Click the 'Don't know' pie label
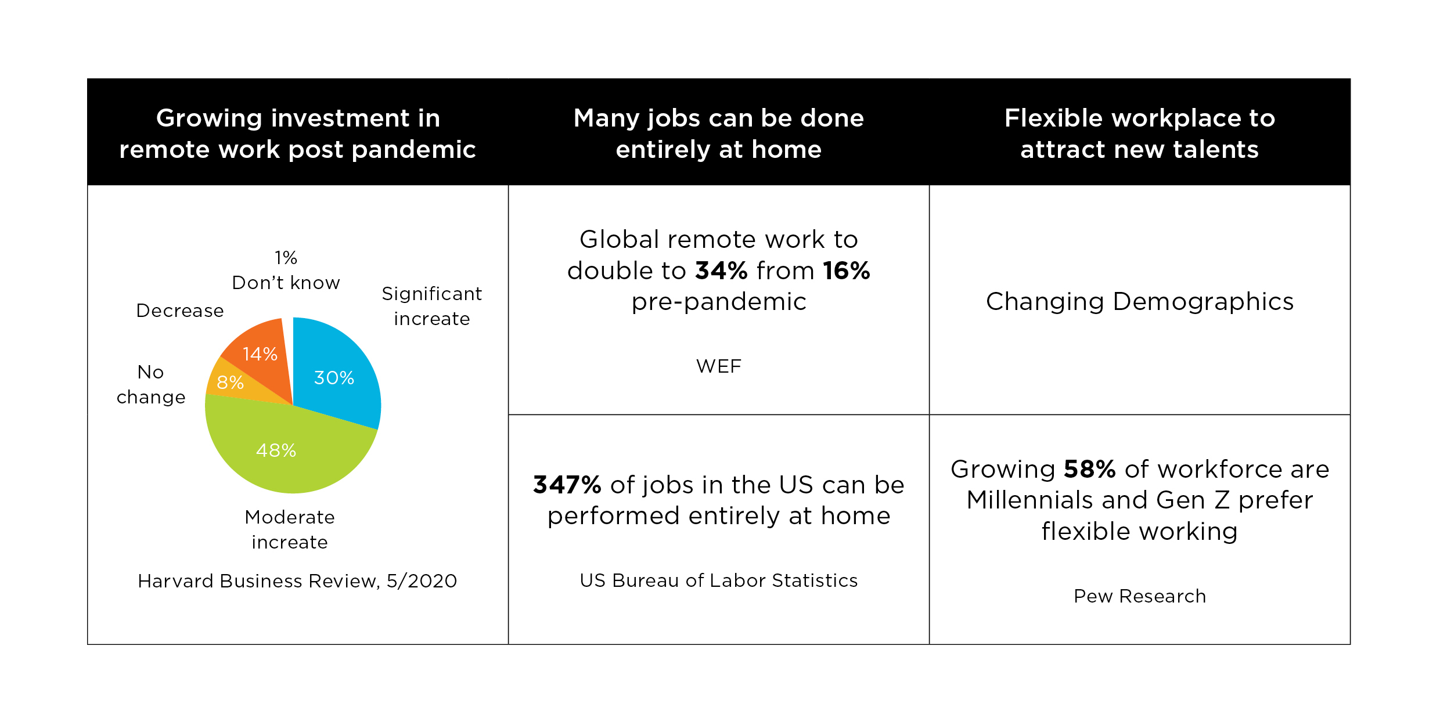click(286, 283)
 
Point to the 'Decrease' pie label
click(180, 311)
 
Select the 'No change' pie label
click(151, 384)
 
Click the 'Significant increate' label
click(432, 306)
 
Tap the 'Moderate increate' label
click(290, 529)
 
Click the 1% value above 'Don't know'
click(286, 257)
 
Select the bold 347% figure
click(567, 485)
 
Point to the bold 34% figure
click(722, 270)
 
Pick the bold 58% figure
click(1089, 469)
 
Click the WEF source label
click(719, 366)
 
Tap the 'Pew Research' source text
click(1140, 596)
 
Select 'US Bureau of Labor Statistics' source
click(719, 580)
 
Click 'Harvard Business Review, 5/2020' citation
click(297, 581)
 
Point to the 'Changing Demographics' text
click(1140, 302)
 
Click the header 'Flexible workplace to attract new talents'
click(1140, 134)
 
